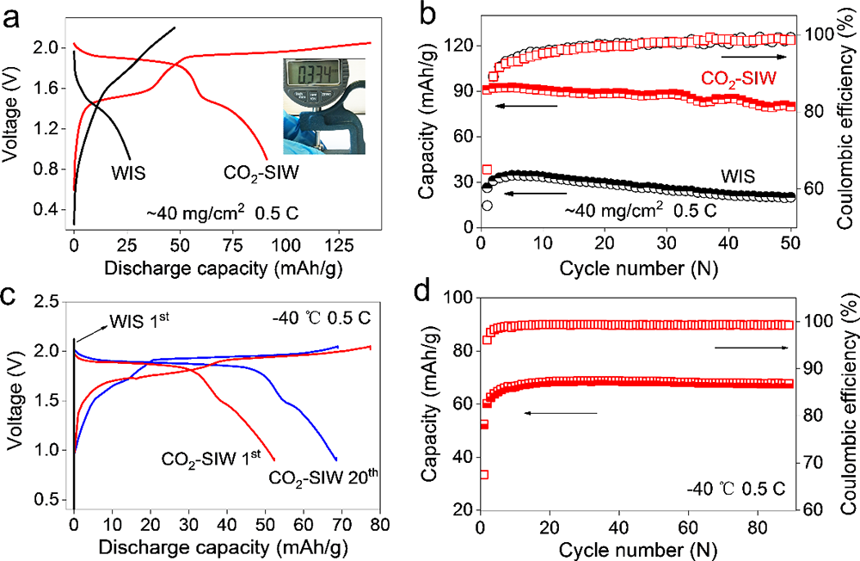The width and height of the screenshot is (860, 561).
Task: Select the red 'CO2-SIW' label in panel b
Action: coord(751,78)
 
